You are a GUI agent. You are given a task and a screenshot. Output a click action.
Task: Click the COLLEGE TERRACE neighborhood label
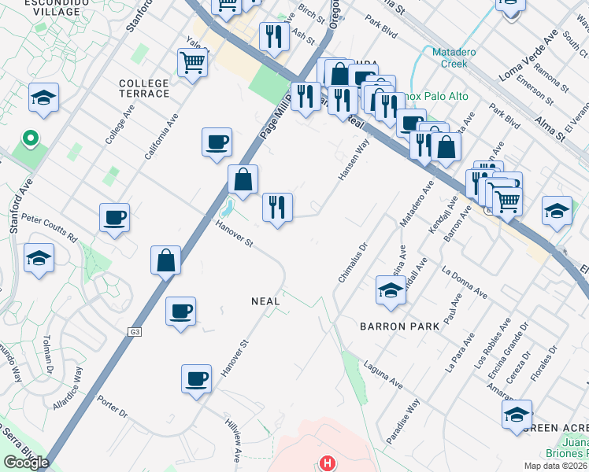pos(144,88)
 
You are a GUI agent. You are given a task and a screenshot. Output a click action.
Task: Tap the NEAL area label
pos(265,301)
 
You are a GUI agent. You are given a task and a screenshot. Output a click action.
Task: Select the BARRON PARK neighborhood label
pos(393,326)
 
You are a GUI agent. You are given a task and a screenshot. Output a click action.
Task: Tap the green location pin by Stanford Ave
pos(31,139)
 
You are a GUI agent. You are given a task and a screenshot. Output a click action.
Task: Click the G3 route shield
pos(135,333)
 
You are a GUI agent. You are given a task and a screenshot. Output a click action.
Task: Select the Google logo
pos(26,463)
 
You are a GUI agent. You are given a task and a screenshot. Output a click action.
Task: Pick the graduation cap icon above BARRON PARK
pos(390,289)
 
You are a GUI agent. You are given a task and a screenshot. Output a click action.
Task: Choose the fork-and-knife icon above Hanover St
pos(277,207)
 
